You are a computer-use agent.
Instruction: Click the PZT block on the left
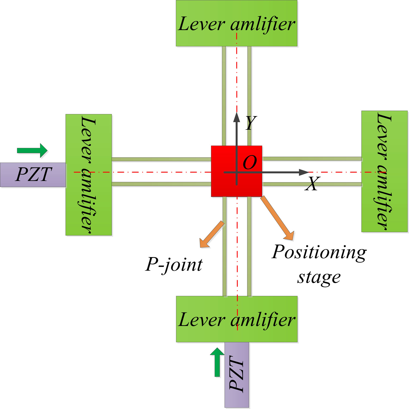coord(33,175)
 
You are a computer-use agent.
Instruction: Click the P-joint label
coord(174,264)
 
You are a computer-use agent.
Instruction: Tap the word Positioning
coord(319,252)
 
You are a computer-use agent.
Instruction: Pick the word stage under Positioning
coord(319,278)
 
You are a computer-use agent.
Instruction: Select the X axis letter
coord(312,184)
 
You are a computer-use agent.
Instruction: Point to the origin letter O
coord(250,163)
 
